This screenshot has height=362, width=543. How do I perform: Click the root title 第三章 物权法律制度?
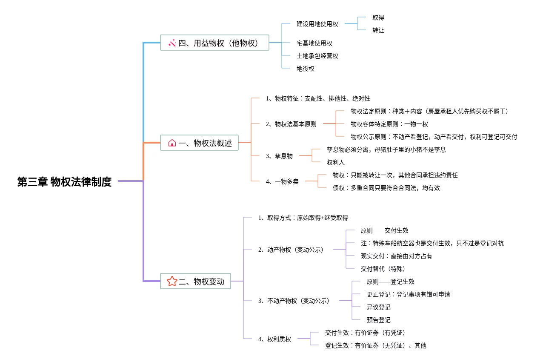64,182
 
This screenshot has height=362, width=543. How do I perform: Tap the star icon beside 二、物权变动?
172,281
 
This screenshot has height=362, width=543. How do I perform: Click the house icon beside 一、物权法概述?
172,143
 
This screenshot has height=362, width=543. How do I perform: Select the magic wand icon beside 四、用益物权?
172,43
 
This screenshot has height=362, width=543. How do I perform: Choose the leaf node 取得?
378,17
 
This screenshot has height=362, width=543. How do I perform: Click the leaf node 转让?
378,30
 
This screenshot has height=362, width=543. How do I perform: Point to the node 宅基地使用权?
314,43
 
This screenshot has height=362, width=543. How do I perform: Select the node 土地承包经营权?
317,56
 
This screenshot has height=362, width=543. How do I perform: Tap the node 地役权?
305,69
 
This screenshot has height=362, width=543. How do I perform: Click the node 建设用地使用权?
317,24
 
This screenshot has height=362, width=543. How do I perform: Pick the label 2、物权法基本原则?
291,124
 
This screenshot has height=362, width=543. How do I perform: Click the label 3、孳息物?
279,156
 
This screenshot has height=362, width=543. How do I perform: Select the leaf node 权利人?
335,162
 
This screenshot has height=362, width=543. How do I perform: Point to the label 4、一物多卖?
282,181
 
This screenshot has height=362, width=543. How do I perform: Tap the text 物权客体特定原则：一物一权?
389,124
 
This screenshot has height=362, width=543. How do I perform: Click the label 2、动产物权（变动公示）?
291,250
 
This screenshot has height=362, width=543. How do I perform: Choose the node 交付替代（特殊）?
383,269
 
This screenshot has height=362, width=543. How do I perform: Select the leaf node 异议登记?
378,307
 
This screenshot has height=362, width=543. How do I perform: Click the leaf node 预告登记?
378,320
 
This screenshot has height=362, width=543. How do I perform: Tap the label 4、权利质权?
274,339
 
